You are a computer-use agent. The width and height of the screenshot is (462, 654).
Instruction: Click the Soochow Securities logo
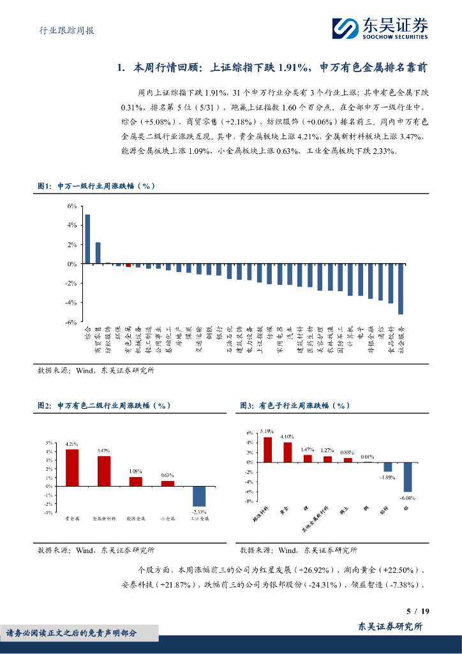click(380, 27)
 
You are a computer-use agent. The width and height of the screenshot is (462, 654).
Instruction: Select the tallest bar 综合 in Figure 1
click(87, 239)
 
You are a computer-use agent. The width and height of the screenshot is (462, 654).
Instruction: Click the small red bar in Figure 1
click(128, 265)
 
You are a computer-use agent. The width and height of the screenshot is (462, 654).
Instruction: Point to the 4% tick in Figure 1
click(72, 225)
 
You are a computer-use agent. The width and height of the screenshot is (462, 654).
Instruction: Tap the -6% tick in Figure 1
click(71, 322)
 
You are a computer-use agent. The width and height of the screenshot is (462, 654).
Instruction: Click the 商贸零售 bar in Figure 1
click(98, 253)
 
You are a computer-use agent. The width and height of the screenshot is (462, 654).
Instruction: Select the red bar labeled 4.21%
click(72, 468)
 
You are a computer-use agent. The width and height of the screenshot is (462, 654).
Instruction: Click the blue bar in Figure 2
click(199, 496)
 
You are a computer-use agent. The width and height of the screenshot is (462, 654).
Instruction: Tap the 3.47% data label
click(104, 451)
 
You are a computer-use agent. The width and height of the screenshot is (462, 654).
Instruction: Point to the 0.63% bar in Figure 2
click(167, 483)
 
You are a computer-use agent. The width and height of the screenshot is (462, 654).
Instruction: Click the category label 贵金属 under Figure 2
click(72, 519)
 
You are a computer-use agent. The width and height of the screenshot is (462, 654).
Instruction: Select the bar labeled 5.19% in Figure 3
click(267, 449)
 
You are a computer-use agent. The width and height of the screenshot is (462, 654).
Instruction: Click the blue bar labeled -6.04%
click(408, 476)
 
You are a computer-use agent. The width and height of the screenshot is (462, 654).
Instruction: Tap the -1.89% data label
click(387, 477)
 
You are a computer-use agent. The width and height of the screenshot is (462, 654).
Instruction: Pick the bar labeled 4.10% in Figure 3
click(288, 452)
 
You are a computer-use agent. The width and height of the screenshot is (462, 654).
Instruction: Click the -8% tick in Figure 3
click(250, 501)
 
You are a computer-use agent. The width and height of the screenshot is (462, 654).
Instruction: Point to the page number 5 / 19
click(418, 612)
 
